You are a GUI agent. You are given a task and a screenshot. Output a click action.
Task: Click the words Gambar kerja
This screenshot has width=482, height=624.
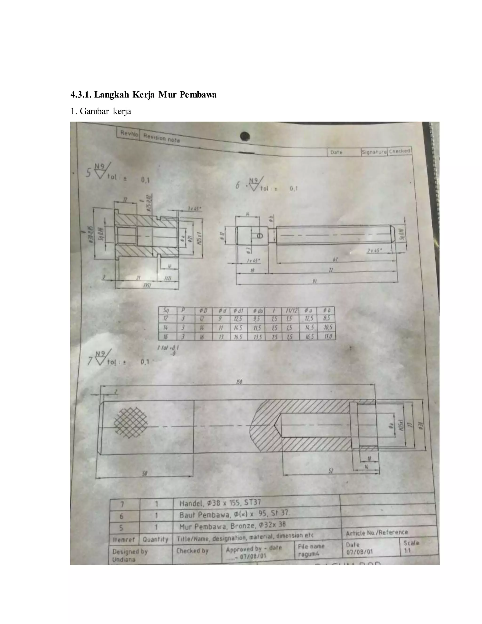(105, 111)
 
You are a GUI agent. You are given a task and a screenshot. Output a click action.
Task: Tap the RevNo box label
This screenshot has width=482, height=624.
(129, 134)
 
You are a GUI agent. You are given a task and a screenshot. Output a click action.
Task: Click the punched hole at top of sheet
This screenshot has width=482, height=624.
(245, 136)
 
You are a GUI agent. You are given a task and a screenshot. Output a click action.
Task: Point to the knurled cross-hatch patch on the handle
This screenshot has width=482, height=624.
(131, 422)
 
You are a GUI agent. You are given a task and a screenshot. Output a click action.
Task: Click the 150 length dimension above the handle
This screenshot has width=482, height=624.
(239, 382)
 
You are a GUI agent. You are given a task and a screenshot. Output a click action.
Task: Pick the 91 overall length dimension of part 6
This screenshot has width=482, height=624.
(314, 281)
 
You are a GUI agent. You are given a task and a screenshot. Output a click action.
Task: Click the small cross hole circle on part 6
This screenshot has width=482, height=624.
(260, 236)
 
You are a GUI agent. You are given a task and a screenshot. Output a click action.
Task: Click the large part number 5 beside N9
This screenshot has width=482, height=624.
(89, 173)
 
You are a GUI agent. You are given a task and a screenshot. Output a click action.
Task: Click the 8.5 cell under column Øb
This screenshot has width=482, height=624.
(327, 318)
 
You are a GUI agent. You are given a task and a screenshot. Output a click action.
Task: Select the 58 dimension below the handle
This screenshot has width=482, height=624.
(145, 474)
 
